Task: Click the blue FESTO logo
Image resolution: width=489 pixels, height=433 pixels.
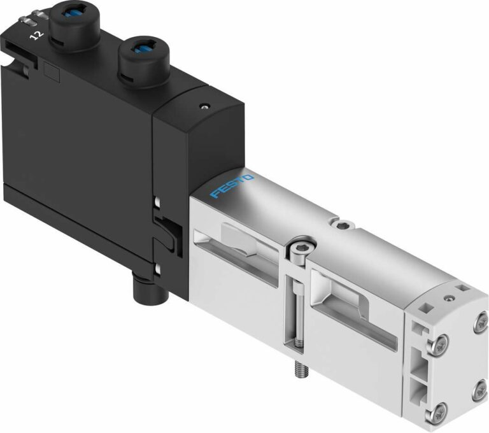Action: pyautogui.click(x=232, y=185)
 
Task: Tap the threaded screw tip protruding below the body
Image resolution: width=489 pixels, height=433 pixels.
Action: pyautogui.click(x=297, y=367)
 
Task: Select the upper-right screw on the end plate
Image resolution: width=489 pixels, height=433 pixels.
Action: pyautogui.click(x=477, y=325)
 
